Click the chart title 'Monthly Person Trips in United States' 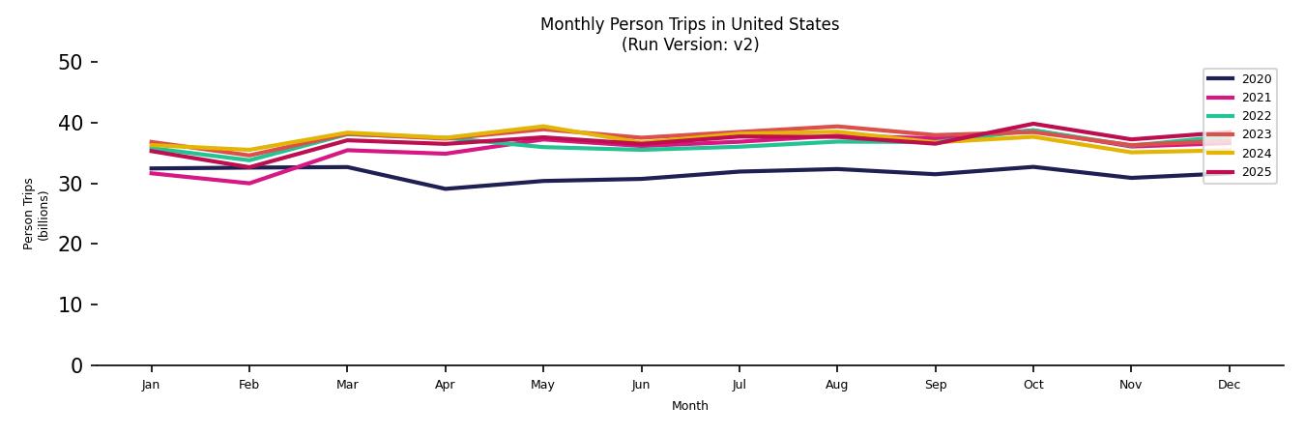pyautogui.click(x=689, y=24)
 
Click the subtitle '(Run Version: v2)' pyautogui.click(x=689, y=44)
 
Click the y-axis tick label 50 pyautogui.click(x=71, y=63)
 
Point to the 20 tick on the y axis pyautogui.click(x=71, y=245)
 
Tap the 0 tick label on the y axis pyautogui.click(x=76, y=366)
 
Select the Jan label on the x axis pyautogui.click(x=151, y=385)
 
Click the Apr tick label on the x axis pyautogui.click(x=445, y=385)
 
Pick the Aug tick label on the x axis pyautogui.click(x=836, y=385)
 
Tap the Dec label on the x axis pyautogui.click(x=1229, y=385)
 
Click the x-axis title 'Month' pyautogui.click(x=689, y=406)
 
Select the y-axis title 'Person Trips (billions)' pyautogui.click(x=36, y=214)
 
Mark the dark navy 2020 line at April pyautogui.click(x=445, y=188)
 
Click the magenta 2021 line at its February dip pyautogui.click(x=248, y=183)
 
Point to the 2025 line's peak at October pyautogui.click(x=1032, y=124)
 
